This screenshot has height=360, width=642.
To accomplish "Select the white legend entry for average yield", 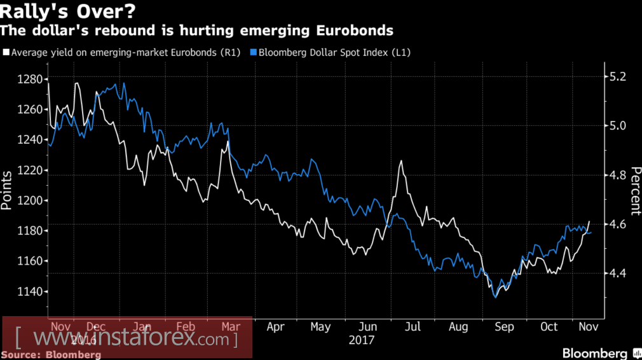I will click(121, 53).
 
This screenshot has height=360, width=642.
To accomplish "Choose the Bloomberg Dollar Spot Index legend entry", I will click(331, 53).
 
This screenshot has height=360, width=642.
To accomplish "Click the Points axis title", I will click(8, 190).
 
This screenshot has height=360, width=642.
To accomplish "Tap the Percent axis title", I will click(634, 190).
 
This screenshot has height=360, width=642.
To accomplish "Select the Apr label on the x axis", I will click(275, 327).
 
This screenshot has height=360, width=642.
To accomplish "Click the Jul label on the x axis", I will click(413, 327).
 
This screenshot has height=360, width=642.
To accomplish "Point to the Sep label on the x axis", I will click(504, 327).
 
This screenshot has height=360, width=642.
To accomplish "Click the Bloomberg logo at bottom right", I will click(595, 353).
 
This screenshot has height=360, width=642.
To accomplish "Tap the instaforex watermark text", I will click(127, 338).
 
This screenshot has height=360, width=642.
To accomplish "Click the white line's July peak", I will click(401, 162).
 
